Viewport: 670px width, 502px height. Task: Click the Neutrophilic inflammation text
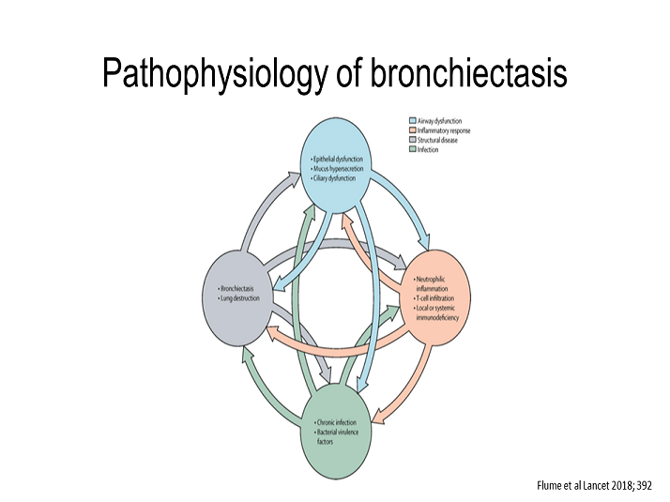(436, 284)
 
